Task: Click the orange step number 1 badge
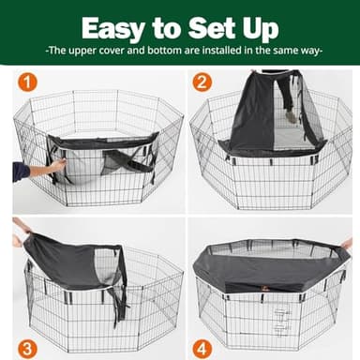(x=28, y=82)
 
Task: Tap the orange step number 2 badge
(x=202, y=82)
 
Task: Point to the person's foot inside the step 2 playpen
(x=290, y=117)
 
